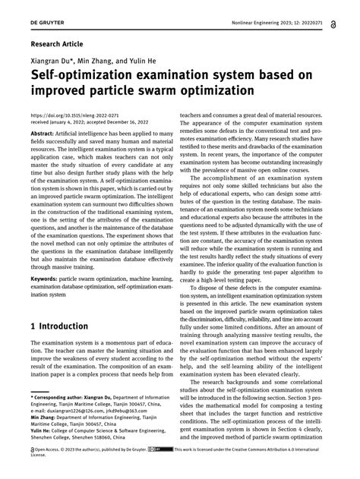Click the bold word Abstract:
point(45,131)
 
